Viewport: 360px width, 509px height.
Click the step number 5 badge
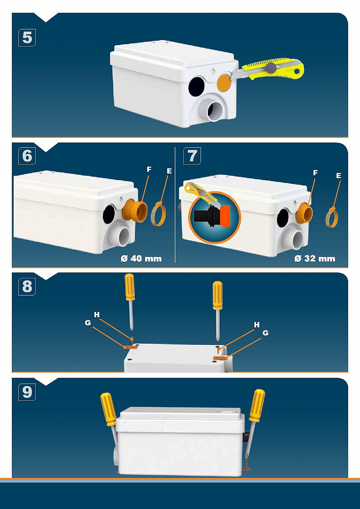point(27,38)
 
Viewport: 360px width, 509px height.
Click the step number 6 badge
point(27,156)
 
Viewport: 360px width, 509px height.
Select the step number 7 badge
point(192,156)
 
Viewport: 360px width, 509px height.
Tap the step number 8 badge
point(27,286)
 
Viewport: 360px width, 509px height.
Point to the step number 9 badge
point(27,392)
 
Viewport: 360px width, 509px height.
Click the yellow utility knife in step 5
point(275,69)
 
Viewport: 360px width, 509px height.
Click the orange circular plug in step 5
point(224,82)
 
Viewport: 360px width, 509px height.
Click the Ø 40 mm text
point(141,259)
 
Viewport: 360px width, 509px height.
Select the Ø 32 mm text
point(315,259)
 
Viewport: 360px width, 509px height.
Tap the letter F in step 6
point(149,169)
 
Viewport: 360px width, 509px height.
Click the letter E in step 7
point(338,176)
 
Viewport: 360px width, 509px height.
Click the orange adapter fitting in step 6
point(136,211)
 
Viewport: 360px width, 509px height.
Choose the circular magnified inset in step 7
point(214,218)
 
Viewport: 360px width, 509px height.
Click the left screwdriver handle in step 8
point(130,287)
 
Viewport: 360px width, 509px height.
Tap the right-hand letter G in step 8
point(265,333)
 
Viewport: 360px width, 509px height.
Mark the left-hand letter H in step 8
point(97,315)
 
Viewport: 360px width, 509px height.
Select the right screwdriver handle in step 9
point(257,405)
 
